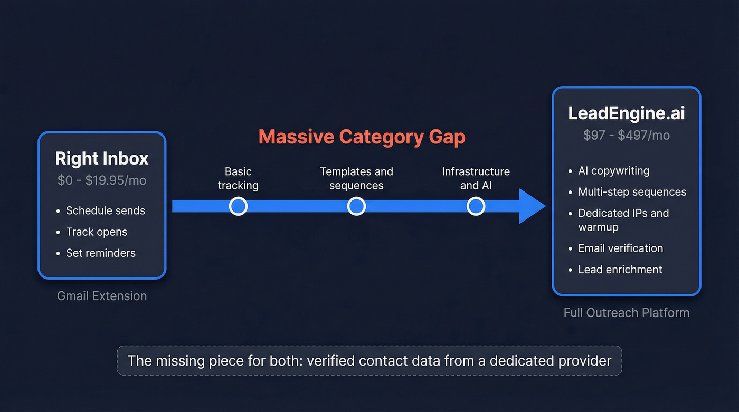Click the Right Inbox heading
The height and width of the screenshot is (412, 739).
(x=102, y=159)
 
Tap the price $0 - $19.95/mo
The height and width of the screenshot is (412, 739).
(x=102, y=180)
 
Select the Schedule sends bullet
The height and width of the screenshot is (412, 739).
(x=105, y=211)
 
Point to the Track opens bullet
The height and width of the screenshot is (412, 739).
(x=97, y=232)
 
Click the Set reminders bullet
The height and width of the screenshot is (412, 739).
(x=100, y=253)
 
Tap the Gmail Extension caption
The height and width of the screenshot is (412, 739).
(x=102, y=296)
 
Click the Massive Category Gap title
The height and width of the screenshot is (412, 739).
(x=362, y=137)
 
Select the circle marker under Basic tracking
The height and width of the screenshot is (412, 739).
(x=238, y=206)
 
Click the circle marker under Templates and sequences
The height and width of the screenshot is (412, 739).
(x=356, y=206)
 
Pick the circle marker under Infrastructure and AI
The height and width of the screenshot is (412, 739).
(x=476, y=206)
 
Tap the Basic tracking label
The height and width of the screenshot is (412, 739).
(x=238, y=178)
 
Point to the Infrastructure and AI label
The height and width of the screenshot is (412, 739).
(x=476, y=178)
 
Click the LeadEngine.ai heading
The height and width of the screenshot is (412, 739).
(x=627, y=114)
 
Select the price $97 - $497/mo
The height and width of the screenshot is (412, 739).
(x=627, y=136)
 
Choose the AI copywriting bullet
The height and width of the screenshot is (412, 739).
(x=613, y=171)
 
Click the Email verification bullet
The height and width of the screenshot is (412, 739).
(x=620, y=248)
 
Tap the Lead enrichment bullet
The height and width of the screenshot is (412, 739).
(x=620, y=270)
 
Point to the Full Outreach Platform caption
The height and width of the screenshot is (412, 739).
(x=627, y=313)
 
